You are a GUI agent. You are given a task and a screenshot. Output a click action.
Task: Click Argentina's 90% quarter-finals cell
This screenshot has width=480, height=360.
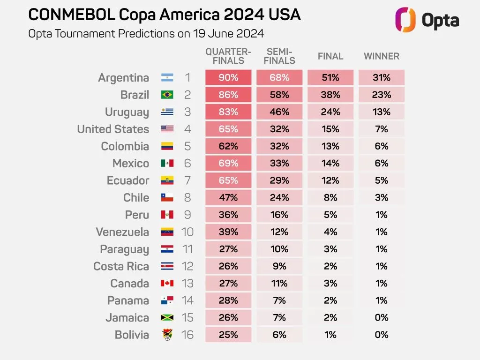click(x=228, y=78)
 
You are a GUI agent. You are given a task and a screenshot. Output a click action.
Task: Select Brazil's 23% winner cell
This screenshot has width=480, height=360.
click(x=381, y=95)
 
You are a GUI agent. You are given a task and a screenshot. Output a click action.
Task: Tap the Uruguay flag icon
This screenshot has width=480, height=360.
click(x=167, y=112)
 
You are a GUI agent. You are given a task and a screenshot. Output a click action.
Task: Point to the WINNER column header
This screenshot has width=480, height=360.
click(x=381, y=56)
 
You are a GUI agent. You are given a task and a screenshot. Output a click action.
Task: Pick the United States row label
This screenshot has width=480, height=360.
click(x=113, y=129)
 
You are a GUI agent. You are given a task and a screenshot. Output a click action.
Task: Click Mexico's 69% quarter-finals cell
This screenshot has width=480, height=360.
click(x=228, y=163)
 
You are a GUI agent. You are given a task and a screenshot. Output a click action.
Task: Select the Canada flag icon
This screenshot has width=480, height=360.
click(x=167, y=283)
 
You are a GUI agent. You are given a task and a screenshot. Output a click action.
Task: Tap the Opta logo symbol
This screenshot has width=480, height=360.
click(x=405, y=20)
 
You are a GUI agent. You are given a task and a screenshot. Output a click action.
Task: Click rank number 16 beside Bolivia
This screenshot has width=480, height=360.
click(x=187, y=335)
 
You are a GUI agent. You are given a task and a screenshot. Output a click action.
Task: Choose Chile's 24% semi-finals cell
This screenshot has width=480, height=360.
click(x=279, y=197)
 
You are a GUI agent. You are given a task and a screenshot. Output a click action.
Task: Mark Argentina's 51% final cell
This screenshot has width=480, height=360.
click(x=330, y=78)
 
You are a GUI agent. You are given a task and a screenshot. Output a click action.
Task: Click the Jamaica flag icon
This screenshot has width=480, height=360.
click(x=167, y=317)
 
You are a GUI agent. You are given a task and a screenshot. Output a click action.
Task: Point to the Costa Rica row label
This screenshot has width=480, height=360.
click(x=121, y=266)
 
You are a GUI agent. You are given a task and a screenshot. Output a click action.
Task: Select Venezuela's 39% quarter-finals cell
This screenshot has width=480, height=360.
click(x=228, y=232)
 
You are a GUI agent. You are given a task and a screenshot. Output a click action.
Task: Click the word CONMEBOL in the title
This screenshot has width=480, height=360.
click(x=71, y=15)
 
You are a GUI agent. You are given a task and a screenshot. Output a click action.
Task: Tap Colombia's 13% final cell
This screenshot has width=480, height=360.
click(x=330, y=146)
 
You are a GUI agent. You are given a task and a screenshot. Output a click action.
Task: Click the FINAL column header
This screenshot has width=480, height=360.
click(x=330, y=56)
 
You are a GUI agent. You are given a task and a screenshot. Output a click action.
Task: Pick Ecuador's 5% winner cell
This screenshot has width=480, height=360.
click(x=381, y=180)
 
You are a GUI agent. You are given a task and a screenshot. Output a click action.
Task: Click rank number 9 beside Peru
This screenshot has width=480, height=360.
click(x=187, y=215)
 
